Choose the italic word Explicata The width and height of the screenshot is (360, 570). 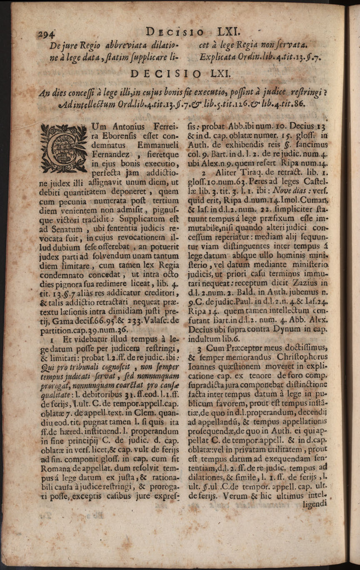[x=217, y=57]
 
